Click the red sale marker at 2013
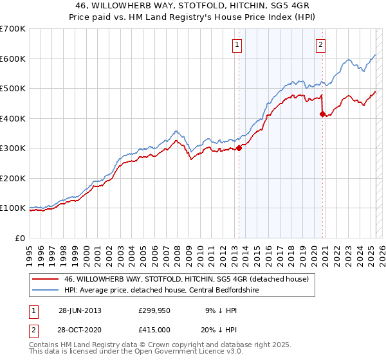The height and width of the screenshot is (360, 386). coord(239,148)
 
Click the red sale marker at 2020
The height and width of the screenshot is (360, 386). coord(322,114)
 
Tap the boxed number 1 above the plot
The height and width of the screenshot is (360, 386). coord(237,44)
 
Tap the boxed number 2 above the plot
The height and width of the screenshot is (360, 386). coord(320,44)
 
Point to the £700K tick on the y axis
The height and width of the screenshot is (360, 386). coord(13,29)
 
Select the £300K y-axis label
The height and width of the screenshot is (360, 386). coord(13,148)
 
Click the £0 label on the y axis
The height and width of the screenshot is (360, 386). coord(21,238)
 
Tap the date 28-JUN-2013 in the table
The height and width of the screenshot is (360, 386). coord(80,310)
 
